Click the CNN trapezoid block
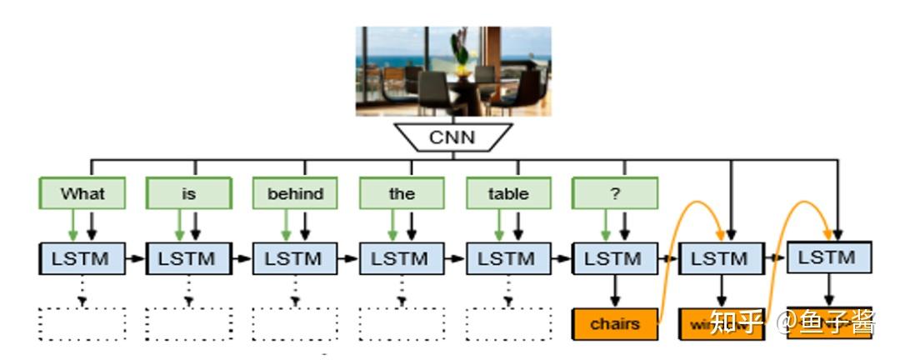pyautogui.click(x=452, y=137)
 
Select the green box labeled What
pyautogui.click(x=82, y=193)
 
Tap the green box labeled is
pyautogui.click(x=188, y=193)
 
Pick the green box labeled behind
pyautogui.click(x=295, y=193)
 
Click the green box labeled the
pyautogui.click(x=402, y=193)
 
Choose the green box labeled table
pyautogui.click(x=508, y=193)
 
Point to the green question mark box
pyautogui.click(x=614, y=193)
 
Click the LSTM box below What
pyautogui.click(x=82, y=258)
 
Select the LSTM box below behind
pyautogui.click(x=295, y=258)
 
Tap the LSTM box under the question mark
pyautogui.click(x=614, y=258)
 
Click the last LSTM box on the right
pyautogui.click(x=828, y=257)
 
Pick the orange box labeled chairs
pyautogui.click(x=614, y=323)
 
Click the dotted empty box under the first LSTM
pyautogui.click(x=82, y=323)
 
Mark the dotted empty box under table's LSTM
pyautogui.click(x=508, y=323)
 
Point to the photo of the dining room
pyautogui.click(x=452, y=71)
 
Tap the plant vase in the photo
pyautogui.click(x=459, y=54)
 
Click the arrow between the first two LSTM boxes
pyautogui.click(x=135, y=259)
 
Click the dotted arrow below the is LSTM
pyautogui.click(x=188, y=290)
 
